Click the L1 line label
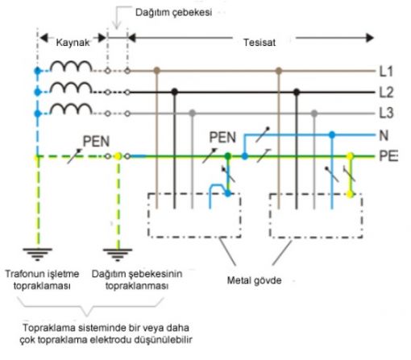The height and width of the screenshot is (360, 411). click(x=386, y=71)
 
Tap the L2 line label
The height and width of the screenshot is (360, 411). click(x=386, y=92)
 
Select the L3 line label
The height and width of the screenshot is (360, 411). click(x=386, y=113)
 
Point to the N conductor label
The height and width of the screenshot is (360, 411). click(x=384, y=135)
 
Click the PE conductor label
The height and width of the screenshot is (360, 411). click(x=388, y=156)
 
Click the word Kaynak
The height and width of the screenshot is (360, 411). click(x=73, y=43)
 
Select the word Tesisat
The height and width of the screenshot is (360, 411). click(x=259, y=43)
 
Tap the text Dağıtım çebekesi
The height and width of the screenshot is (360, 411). click(x=173, y=12)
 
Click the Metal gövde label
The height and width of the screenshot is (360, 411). click(x=254, y=280)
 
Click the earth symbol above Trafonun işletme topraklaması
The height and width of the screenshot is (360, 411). click(x=37, y=254)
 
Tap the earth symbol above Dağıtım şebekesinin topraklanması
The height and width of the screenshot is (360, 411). click(x=118, y=254)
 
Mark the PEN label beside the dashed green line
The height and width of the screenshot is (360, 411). click(x=96, y=142)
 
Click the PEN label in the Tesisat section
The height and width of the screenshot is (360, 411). click(x=222, y=137)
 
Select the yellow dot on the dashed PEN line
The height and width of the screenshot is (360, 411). click(x=118, y=156)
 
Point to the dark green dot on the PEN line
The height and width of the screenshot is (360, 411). click(x=228, y=155)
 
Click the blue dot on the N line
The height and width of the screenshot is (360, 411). click(x=332, y=134)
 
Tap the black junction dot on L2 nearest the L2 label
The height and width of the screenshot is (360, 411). click(x=297, y=92)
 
